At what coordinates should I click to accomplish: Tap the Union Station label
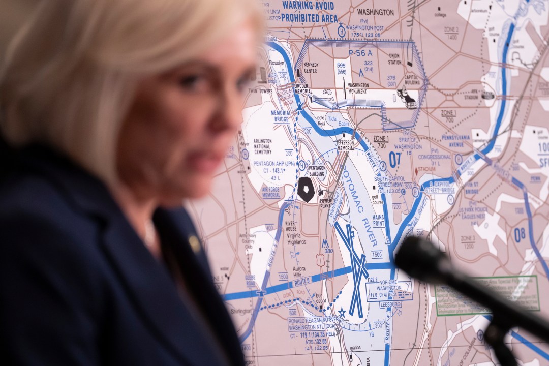click(394, 58)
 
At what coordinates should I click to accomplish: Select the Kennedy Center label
click(311, 68)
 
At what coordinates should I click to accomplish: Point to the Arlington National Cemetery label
click(263, 146)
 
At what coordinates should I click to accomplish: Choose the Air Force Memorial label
click(271, 192)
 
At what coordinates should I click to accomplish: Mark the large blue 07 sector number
click(395, 159)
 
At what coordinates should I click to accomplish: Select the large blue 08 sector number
click(520, 234)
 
